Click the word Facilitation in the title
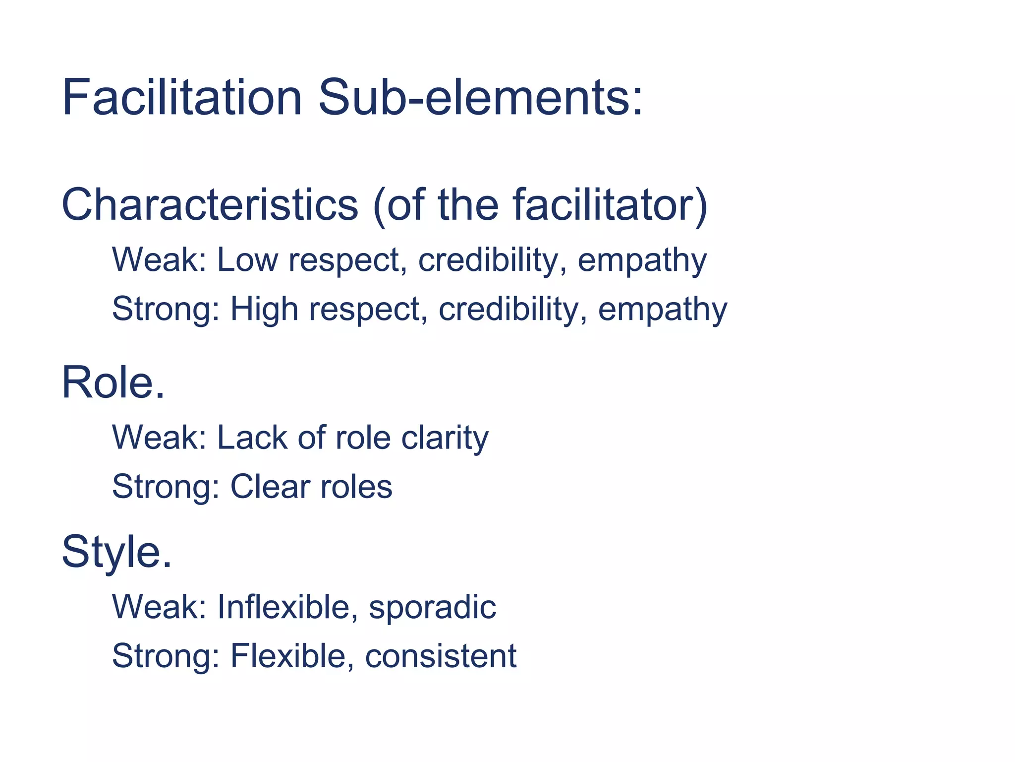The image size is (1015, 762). (x=181, y=97)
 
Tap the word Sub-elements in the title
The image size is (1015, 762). (x=480, y=97)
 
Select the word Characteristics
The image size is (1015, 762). (x=210, y=205)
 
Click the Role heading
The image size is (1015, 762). (x=113, y=382)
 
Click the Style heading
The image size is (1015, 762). (x=116, y=552)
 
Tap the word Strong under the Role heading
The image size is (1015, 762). (x=166, y=487)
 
